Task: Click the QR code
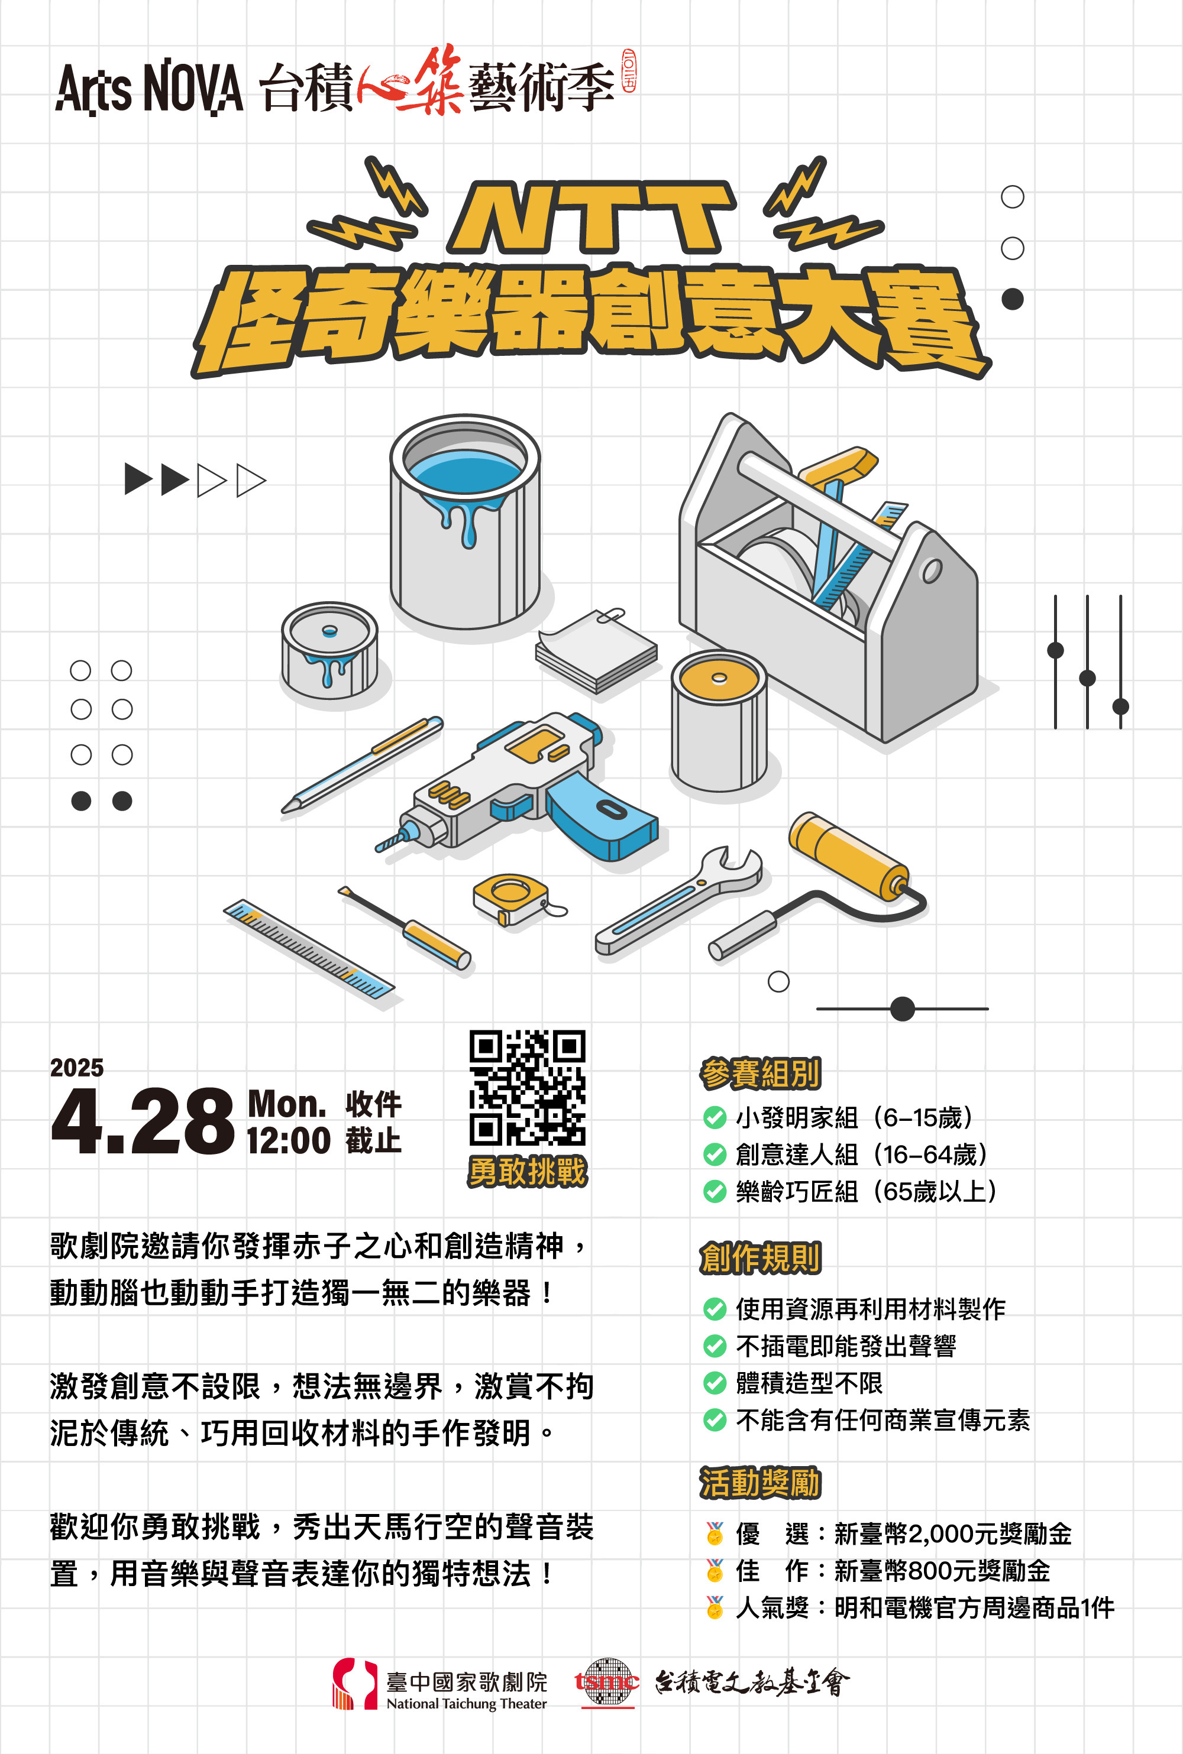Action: click(528, 1087)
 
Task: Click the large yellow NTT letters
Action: click(592, 217)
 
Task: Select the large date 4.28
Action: click(143, 1121)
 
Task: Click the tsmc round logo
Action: click(607, 1682)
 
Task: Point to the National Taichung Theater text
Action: click(466, 1704)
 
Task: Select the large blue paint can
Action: click(465, 520)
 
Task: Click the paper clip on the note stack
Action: click(612, 615)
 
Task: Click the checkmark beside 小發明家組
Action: click(714, 1117)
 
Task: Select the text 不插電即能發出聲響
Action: click(846, 1346)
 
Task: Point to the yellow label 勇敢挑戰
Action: click(528, 1171)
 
